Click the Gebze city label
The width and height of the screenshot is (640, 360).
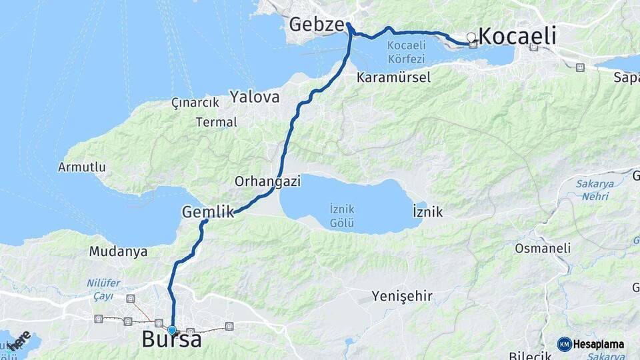coord(316,25)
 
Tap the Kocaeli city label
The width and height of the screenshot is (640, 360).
coord(517,36)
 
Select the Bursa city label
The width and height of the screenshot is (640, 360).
coord(171,339)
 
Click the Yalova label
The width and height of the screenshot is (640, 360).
coord(255,97)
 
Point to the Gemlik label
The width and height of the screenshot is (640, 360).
coord(207,212)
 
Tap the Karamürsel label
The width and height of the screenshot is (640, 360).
coord(393,77)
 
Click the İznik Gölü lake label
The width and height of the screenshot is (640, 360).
coord(342,215)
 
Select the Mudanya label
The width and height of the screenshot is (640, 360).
coord(118,252)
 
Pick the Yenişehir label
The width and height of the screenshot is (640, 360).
coord(402,295)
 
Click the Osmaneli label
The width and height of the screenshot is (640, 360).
coord(543,248)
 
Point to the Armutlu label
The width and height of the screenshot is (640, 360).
coord(82,167)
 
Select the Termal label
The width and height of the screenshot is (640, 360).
coord(216,122)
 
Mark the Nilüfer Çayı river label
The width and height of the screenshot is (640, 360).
coord(104,289)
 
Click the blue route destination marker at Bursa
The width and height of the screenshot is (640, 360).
coord(172,330)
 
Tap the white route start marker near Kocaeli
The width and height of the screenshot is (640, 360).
coord(471,37)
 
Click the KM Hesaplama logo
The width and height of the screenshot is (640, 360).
coord(591,344)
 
